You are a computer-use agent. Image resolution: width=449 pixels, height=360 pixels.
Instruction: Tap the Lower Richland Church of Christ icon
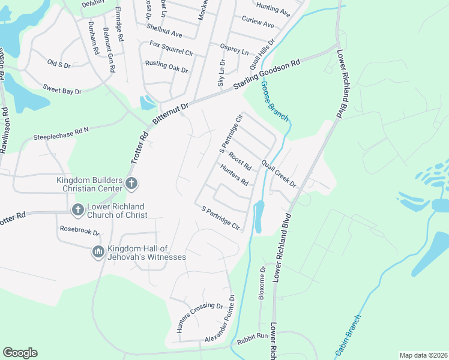(x=77, y=210)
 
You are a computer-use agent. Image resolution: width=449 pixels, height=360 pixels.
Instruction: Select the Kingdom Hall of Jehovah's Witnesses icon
(x=98, y=251)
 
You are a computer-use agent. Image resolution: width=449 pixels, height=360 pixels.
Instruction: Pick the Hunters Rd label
(x=234, y=176)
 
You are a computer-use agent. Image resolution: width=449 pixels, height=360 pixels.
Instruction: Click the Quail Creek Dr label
(x=279, y=173)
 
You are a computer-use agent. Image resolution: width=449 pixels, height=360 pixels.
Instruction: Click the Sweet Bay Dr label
(x=61, y=89)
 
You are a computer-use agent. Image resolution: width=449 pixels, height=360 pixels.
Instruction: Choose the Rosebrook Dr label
(x=79, y=230)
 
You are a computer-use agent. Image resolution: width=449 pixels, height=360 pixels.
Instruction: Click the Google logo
(x=20, y=353)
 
